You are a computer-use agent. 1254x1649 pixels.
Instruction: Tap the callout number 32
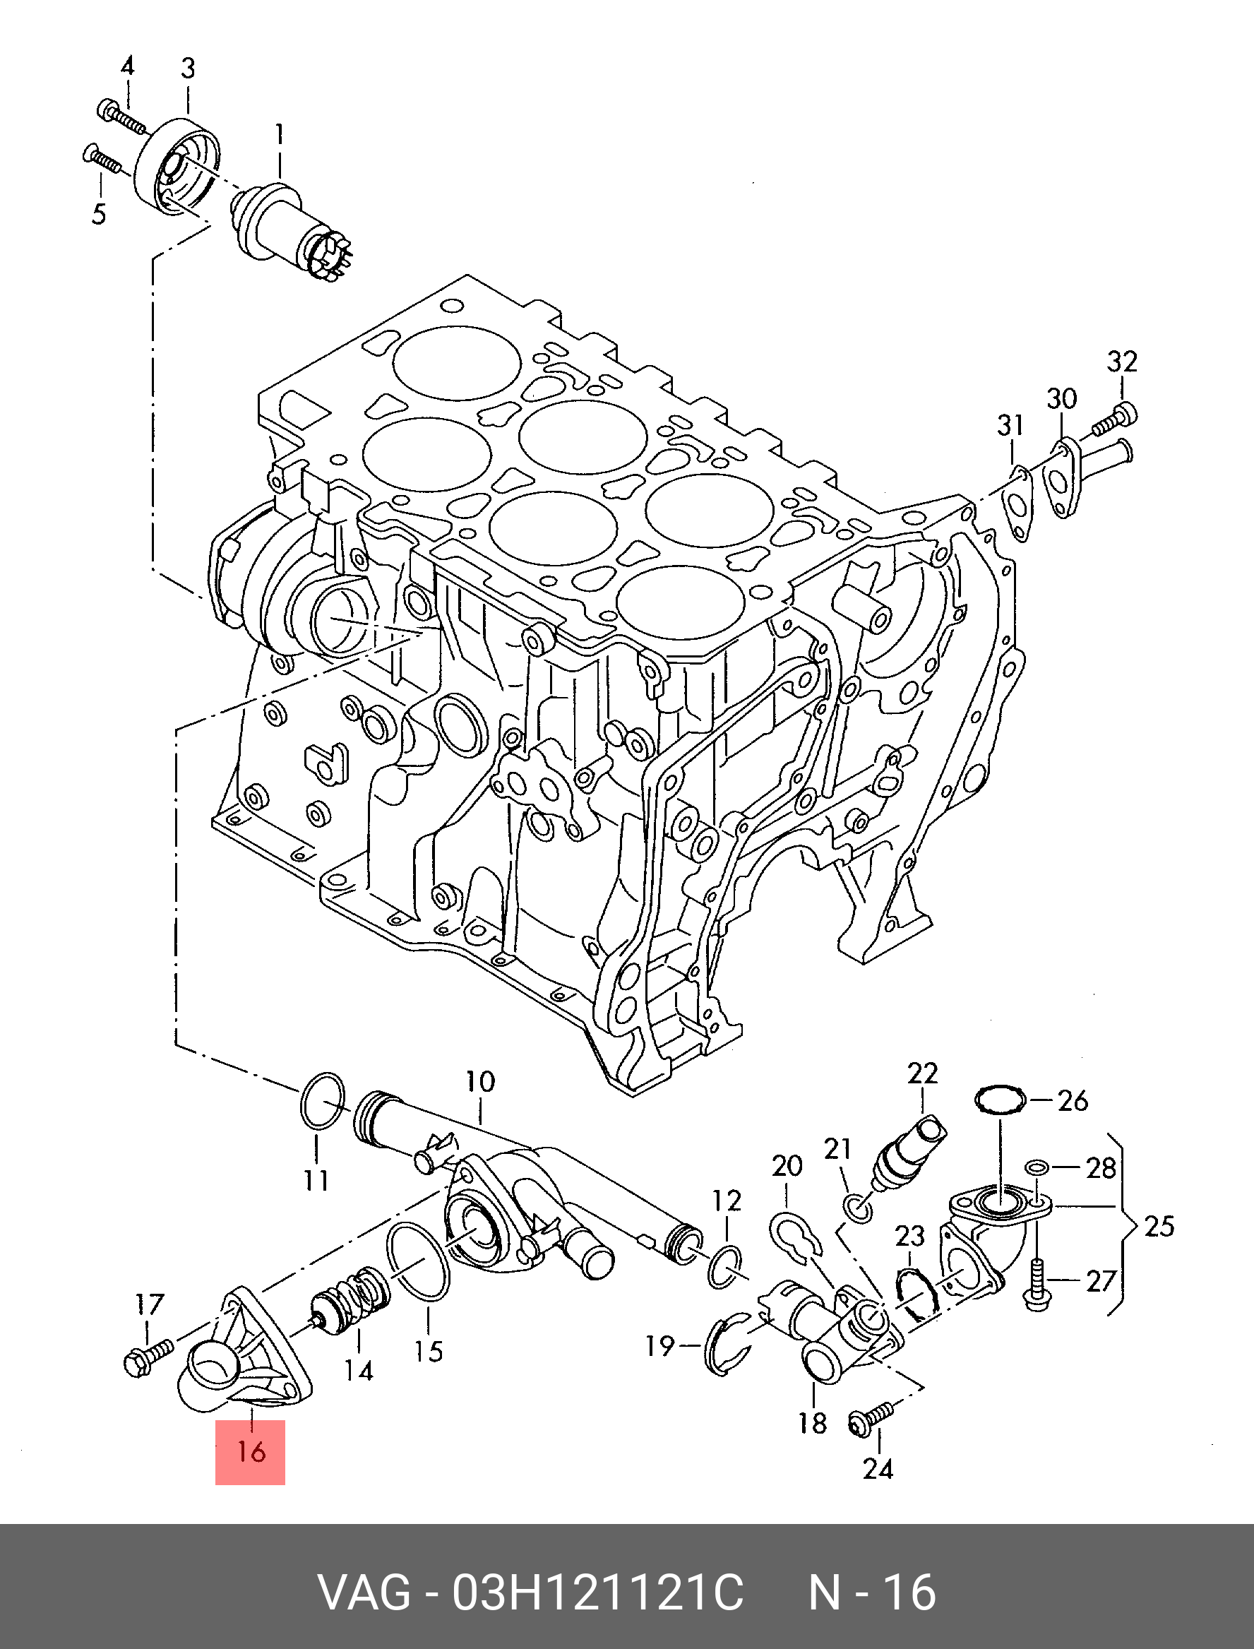(1121, 362)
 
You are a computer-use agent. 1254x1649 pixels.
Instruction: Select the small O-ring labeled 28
(1035, 1167)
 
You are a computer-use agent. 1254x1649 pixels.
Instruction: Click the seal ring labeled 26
(1001, 1100)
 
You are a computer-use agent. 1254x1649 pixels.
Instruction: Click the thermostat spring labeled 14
(351, 1301)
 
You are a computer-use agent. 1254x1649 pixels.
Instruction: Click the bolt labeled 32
(1114, 419)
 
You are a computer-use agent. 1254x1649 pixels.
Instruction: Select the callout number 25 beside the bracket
(1159, 1226)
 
